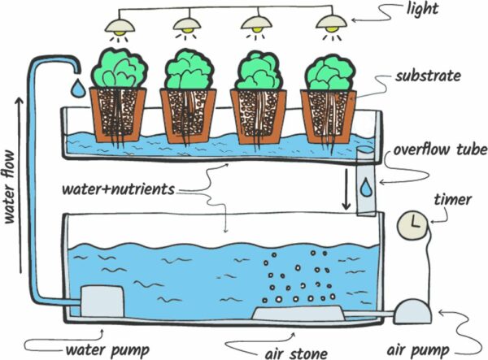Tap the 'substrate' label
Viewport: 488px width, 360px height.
(429, 76)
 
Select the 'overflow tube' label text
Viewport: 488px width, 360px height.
(439, 150)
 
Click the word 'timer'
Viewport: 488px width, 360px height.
(454, 199)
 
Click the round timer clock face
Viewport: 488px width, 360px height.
(413, 224)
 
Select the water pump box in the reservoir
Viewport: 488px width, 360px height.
(100, 301)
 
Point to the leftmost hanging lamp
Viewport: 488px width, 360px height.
(121, 24)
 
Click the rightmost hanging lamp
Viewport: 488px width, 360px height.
(329, 24)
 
